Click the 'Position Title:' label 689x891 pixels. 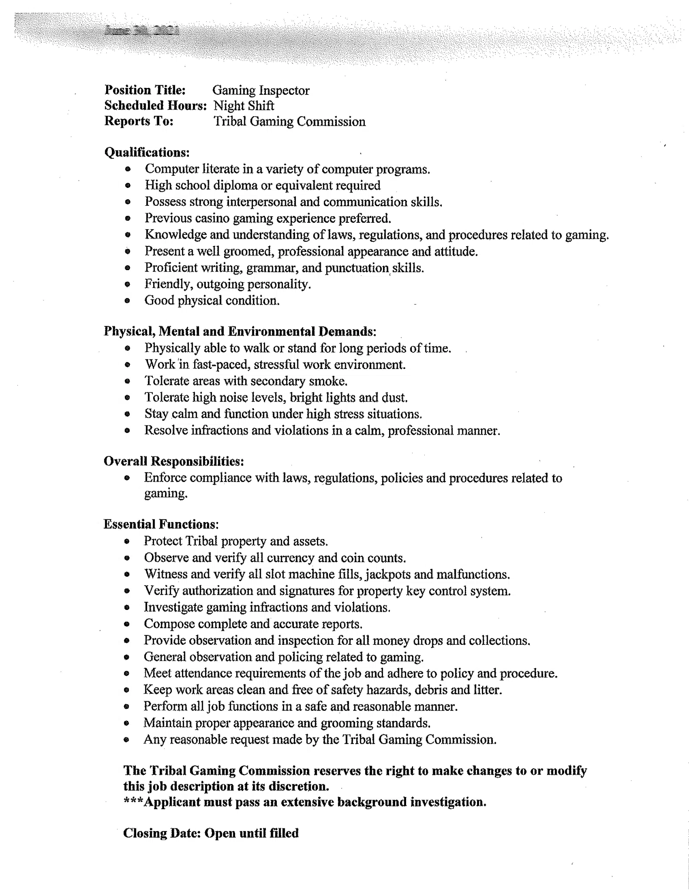coord(145,90)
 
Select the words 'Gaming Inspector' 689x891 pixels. coord(261,90)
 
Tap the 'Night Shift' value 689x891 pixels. coord(244,106)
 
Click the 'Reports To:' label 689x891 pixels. coord(139,121)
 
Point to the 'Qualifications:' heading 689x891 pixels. coord(147,152)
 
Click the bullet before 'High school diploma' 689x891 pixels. coord(128,186)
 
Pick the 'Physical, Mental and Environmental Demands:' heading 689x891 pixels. coord(240,332)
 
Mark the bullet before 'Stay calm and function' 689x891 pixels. coord(127,414)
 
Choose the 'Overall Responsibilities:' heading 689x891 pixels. coord(174,461)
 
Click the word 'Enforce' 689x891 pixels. coord(165,478)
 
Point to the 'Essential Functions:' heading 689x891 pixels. coord(161,524)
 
